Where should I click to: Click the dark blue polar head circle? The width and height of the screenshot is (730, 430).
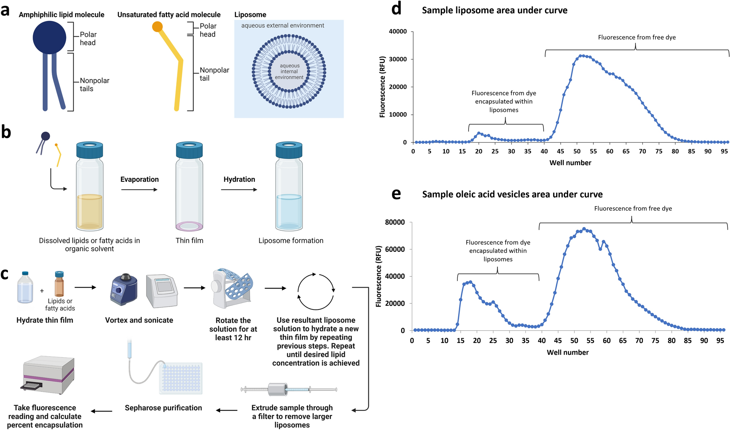[49, 37]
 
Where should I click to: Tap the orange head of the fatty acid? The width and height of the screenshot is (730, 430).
[157, 27]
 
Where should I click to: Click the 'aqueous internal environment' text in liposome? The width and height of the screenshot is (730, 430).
[289, 72]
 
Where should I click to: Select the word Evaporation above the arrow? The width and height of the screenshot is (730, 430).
[140, 179]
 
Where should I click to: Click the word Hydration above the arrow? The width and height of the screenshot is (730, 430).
[239, 179]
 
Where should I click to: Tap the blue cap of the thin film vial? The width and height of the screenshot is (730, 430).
[189, 150]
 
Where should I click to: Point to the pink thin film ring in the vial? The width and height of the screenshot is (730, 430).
[189, 226]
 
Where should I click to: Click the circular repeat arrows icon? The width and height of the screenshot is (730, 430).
[316, 291]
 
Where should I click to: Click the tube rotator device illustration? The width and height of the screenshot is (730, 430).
[232, 288]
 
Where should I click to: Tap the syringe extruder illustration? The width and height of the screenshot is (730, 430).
[288, 389]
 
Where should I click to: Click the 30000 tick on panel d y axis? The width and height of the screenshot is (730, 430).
[398, 59]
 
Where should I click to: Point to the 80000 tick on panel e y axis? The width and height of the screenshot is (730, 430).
[394, 222]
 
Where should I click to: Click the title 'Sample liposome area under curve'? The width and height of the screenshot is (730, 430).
[494, 10]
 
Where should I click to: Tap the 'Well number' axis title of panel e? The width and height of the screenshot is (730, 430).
[567, 352]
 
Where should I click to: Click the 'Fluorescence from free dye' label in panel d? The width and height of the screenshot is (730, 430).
[637, 37]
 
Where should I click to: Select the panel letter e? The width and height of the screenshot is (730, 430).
[396, 194]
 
